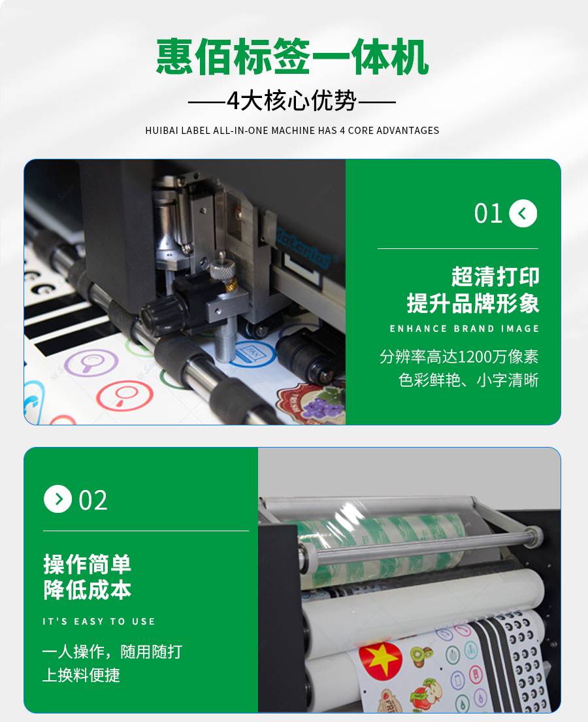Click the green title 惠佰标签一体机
click(293, 57)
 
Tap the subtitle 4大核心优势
click(292, 101)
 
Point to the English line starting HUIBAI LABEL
click(292, 130)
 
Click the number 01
click(488, 214)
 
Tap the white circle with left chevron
click(523, 213)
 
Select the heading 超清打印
click(495, 277)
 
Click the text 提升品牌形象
click(473, 303)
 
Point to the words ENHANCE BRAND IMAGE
click(464, 329)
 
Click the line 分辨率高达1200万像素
click(459, 356)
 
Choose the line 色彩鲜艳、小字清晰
click(468, 380)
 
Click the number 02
click(93, 500)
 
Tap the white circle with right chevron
click(57, 499)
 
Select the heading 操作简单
click(87, 565)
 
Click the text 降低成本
click(87, 590)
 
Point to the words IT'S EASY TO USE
click(99, 621)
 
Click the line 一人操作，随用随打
click(112, 651)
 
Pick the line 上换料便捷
click(81, 675)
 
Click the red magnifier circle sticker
click(124, 395)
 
